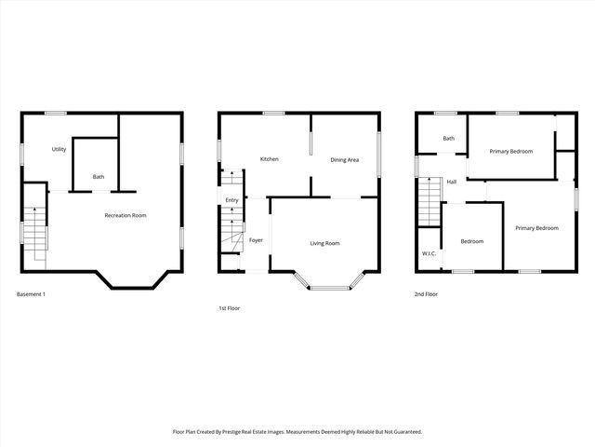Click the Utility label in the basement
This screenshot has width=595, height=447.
pyautogui.click(x=59, y=149)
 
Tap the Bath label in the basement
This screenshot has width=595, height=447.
pyautogui.click(x=97, y=177)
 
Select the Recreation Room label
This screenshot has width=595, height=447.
pyautogui.click(x=126, y=216)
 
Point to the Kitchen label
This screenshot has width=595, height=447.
pyautogui.click(x=270, y=159)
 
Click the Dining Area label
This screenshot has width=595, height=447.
pyautogui.click(x=345, y=159)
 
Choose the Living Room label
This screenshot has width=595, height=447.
pyautogui.click(x=324, y=243)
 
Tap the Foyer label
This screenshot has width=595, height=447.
pyautogui.click(x=256, y=240)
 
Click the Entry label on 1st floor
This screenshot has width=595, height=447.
pyautogui.click(x=231, y=200)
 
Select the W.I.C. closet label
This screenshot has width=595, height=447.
pyautogui.click(x=430, y=253)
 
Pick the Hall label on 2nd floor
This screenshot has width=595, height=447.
pyautogui.click(x=451, y=182)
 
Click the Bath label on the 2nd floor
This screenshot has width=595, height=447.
pyautogui.click(x=449, y=139)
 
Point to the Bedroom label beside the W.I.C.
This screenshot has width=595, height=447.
pyautogui.click(x=472, y=241)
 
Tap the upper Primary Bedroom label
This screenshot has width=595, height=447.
pyautogui.click(x=511, y=151)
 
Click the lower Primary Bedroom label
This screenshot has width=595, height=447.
pyautogui.click(x=537, y=228)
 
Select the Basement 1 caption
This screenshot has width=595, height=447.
pyautogui.click(x=31, y=294)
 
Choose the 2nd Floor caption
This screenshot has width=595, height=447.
pyautogui.click(x=427, y=294)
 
